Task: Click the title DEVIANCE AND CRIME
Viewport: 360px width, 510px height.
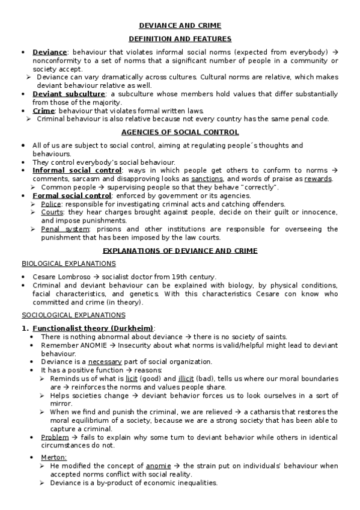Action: click(x=180, y=25)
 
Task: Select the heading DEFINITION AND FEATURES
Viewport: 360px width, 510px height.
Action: click(x=180, y=38)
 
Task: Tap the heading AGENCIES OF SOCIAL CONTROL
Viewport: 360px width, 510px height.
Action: click(x=180, y=132)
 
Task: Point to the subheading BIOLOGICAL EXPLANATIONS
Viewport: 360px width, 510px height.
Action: click(x=69, y=263)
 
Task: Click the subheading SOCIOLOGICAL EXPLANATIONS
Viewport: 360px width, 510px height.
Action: click(x=73, y=315)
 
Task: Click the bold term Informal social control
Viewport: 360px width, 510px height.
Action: click(x=77, y=171)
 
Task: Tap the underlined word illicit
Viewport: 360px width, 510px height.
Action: click(x=186, y=379)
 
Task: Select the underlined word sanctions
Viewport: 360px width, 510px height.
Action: click(x=207, y=179)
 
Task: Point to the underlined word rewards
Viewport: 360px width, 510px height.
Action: click(x=318, y=179)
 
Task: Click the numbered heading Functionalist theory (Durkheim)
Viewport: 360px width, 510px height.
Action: click(x=93, y=328)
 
